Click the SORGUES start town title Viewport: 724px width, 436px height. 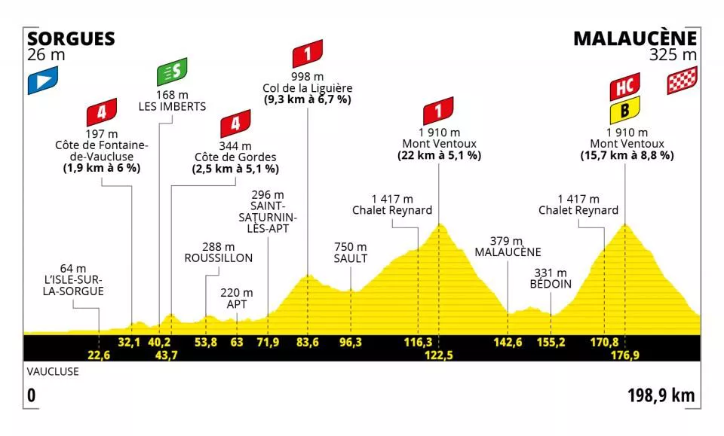click(71, 38)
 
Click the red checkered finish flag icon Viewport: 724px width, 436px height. click(681, 80)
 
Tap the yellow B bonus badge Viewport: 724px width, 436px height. click(626, 113)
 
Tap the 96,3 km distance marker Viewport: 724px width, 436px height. click(351, 343)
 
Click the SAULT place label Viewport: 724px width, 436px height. click(351, 258)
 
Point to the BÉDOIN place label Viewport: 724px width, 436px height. click(550, 284)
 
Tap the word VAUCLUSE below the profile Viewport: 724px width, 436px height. click(48, 371)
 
